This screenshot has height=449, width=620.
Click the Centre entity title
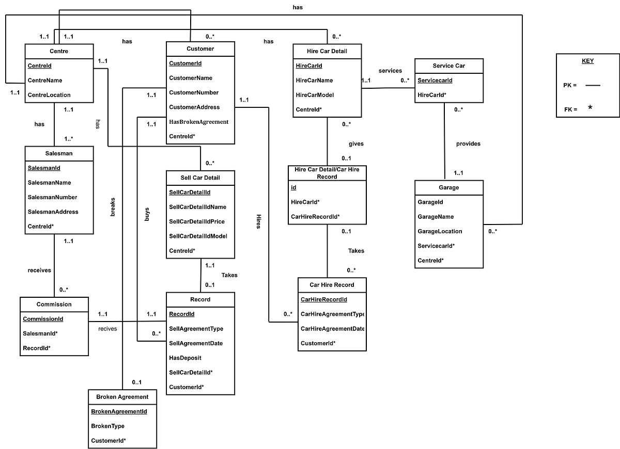click(59, 51)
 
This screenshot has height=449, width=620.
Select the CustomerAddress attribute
click(194, 107)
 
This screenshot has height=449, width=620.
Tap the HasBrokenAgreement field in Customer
click(198, 122)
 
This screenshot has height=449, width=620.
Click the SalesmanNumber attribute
click(52, 197)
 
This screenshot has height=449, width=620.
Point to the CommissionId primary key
click(43, 319)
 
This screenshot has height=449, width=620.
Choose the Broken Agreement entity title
click(122, 397)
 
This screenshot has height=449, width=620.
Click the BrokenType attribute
click(107, 426)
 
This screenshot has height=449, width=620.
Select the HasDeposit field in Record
click(185, 358)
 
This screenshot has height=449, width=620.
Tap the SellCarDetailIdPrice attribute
click(197, 221)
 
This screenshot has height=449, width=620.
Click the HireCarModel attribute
click(315, 95)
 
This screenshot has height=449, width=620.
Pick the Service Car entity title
click(449, 66)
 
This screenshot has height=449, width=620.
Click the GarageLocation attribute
click(440, 231)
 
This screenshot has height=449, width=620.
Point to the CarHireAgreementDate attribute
click(332, 329)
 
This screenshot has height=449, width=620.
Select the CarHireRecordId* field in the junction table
click(315, 217)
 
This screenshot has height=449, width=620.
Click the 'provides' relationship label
click(468, 143)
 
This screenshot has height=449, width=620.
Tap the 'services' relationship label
click(390, 71)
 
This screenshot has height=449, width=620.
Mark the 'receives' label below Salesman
click(39, 270)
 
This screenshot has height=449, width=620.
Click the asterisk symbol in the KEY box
click(590, 108)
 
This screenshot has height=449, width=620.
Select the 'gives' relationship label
click(356, 143)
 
